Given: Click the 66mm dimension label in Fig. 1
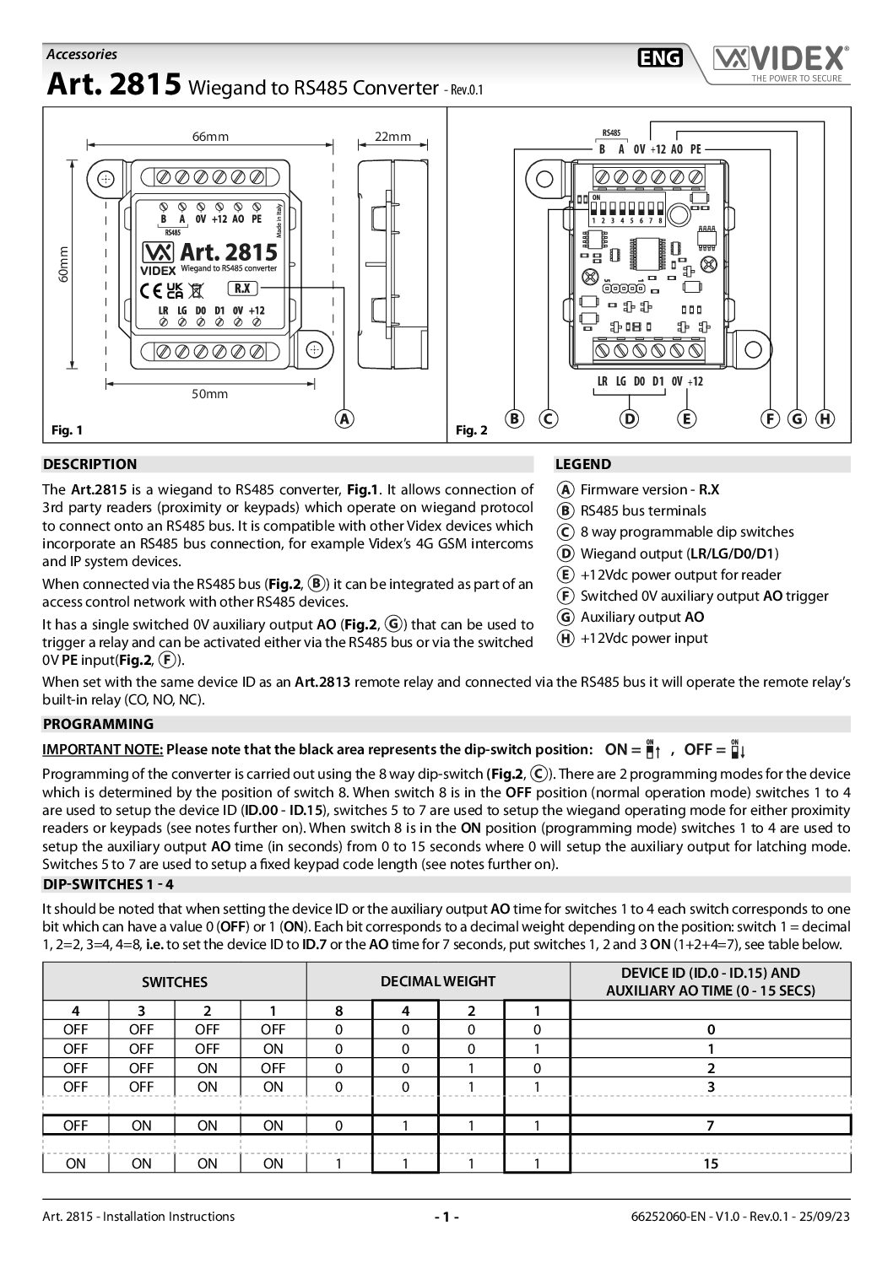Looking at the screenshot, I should click(210, 137).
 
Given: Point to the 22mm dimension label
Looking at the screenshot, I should click(392, 137).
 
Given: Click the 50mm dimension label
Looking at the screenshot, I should click(209, 393).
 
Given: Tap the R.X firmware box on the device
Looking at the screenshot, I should click(242, 288).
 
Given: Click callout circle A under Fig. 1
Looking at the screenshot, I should click(344, 418).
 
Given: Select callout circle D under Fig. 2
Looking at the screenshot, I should click(629, 418).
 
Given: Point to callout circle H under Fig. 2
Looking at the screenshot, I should click(825, 418).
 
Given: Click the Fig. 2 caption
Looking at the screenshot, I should click(472, 430).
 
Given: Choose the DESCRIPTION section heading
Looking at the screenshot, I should click(89, 464).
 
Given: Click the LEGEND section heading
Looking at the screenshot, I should click(582, 464).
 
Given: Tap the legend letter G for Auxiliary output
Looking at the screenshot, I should click(566, 617).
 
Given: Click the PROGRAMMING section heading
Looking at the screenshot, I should click(99, 724).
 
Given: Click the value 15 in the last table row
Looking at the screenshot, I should click(711, 1163).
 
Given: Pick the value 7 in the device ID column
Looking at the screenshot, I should click(711, 1125).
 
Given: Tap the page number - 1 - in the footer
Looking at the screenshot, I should click(446, 1217).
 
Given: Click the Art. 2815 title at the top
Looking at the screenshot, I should click(112, 85).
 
